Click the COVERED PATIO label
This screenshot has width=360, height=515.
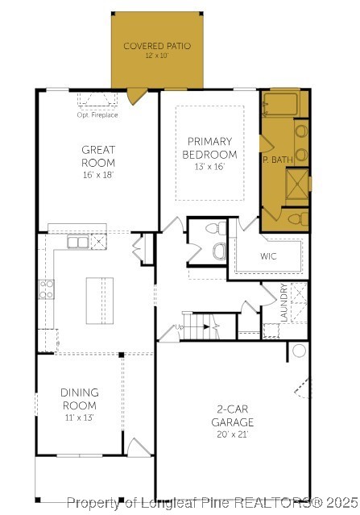pyautogui.click(x=157, y=46)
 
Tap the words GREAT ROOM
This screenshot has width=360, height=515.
pyautogui.click(x=98, y=156)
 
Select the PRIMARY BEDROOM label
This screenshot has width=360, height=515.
pyautogui.click(x=209, y=147)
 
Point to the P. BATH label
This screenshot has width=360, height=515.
pyautogui.click(x=278, y=160)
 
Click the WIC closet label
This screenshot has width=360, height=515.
pyautogui.click(x=268, y=256)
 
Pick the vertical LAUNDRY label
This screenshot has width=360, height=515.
pyautogui.click(x=283, y=303)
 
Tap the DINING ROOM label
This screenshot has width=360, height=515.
pyautogui.click(x=79, y=399)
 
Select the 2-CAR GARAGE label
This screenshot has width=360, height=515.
pyautogui.click(x=233, y=415)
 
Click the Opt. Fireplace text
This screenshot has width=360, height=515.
pyautogui.click(x=97, y=115)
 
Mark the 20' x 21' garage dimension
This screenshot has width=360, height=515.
pyautogui.click(x=233, y=434)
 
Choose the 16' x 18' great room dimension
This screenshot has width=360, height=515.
pyautogui.click(x=98, y=175)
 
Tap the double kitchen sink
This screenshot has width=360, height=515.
pyautogui.click(x=78, y=242)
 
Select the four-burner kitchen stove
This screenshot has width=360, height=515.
pyautogui.click(x=46, y=289)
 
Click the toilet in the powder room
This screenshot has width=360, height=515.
pyautogui.click(x=217, y=250)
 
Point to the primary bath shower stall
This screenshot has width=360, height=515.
pyautogui.click(x=297, y=182)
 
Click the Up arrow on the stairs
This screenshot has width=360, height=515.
pyautogui.click(x=182, y=328)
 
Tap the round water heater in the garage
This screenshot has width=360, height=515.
pyautogui.click(x=299, y=351)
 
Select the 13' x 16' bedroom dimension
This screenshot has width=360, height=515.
pyautogui.click(x=209, y=167)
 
